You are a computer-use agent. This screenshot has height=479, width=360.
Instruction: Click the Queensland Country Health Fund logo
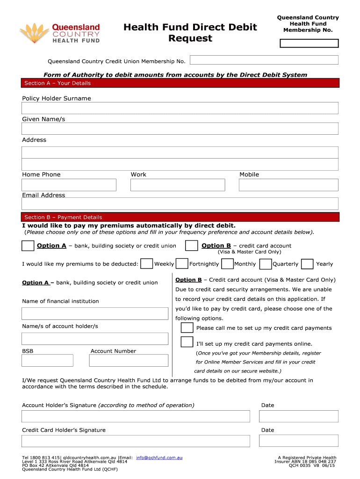click(x=60, y=33)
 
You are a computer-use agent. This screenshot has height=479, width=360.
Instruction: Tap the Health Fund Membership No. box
click(x=309, y=44)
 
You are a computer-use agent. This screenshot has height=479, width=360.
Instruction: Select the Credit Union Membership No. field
click(x=264, y=60)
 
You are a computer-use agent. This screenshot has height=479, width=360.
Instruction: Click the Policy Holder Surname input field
click(x=180, y=108)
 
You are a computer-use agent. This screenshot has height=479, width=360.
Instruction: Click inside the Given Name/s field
click(x=180, y=129)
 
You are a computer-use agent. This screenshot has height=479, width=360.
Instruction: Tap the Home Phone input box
click(x=69, y=185)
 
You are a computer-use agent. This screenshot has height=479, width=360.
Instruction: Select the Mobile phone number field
click(x=288, y=185)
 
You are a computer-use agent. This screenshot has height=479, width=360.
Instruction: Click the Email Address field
click(x=180, y=203)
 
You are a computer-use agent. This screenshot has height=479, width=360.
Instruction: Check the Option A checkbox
click(x=28, y=246)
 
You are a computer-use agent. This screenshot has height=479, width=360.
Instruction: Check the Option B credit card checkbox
click(x=191, y=246)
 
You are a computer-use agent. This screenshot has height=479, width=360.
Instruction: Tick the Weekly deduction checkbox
click(x=146, y=264)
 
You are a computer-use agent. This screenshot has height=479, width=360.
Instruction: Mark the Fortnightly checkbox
click(x=182, y=264)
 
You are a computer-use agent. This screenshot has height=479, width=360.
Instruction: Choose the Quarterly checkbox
click(x=266, y=264)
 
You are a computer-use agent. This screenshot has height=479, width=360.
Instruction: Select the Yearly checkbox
click(x=307, y=264)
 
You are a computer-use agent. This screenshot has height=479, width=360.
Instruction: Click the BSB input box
click(x=47, y=360)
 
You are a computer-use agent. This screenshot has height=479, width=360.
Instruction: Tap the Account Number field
click(x=129, y=360)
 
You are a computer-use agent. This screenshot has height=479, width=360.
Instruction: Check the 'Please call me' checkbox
click(x=187, y=328)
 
